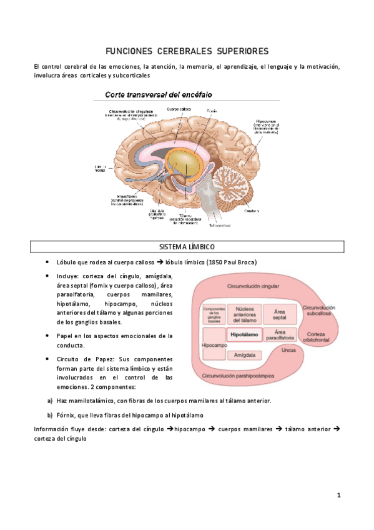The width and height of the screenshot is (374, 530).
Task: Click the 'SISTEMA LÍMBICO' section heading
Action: click(x=186, y=248)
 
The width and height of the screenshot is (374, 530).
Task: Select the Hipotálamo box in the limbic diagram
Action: click(x=244, y=336)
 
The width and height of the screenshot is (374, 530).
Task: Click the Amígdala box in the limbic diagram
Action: click(x=244, y=355)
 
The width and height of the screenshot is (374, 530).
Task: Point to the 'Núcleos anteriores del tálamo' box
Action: click(x=244, y=314)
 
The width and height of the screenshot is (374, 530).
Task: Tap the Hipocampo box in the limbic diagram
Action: click(x=214, y=345)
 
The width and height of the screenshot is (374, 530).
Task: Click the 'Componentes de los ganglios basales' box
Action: click(x=214, y=314)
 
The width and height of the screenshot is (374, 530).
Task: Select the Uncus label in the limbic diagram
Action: click(x=288, y=351)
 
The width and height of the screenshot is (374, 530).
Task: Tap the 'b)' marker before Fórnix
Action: click(x=49, y=415)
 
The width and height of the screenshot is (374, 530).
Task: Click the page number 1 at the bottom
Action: click(x=338, y=496)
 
